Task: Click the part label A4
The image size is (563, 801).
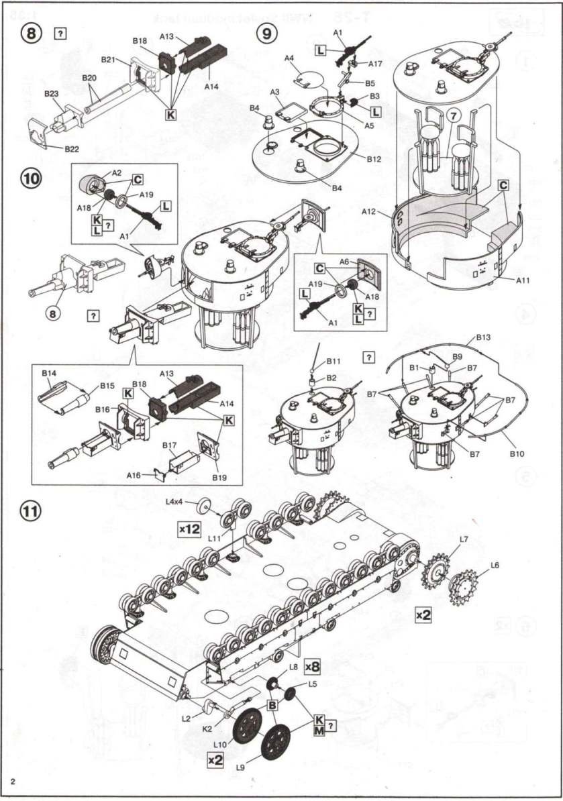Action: coord(290,59)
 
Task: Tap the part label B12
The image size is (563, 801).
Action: coord(374,158)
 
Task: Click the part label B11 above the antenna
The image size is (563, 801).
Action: coord(334,361)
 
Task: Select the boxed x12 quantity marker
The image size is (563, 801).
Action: coord(189,528)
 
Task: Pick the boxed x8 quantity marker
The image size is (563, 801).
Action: coord(313,666)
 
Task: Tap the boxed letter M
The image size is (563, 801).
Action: coord(319,731)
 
